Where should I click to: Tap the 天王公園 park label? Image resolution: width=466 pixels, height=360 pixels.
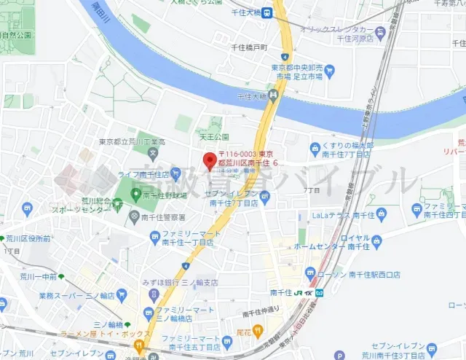pyautogui.click(x=214, y=136)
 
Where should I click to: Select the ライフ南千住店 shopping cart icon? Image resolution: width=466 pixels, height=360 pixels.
pyautogui.click(x=177, y=175)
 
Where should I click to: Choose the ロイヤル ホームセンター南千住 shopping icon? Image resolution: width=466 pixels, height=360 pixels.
pyautogui.click(x=376, y=240)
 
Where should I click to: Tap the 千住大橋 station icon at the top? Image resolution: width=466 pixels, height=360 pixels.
pyautogui.click(x=267, y=12)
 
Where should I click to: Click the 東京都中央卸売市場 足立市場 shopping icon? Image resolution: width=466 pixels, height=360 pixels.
pyautogui.click(x=329, y=71)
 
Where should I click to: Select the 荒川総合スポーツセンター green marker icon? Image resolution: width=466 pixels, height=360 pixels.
pyautogui.click(x=117, y=205)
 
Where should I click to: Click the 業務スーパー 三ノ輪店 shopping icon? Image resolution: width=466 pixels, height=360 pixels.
pyautogui.click(x=122, y=296)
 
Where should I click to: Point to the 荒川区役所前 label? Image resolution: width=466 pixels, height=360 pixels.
pyautogui.click(x=28, y=238)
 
